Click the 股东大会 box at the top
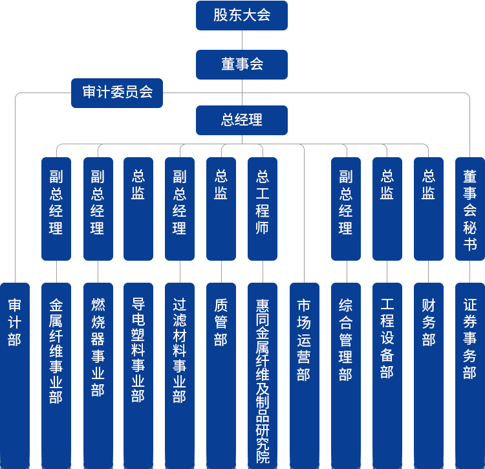[241, 16]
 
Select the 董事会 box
[241, 65]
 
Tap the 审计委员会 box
[116, 93]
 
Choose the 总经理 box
[241, 120]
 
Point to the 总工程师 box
[262, 208]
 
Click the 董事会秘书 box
[469, 208]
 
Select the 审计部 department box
[14, 323]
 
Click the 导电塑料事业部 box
[138, 349]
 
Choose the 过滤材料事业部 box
[179, 349]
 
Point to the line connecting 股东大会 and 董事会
[241, 40]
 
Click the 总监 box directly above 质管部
[221, 208]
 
